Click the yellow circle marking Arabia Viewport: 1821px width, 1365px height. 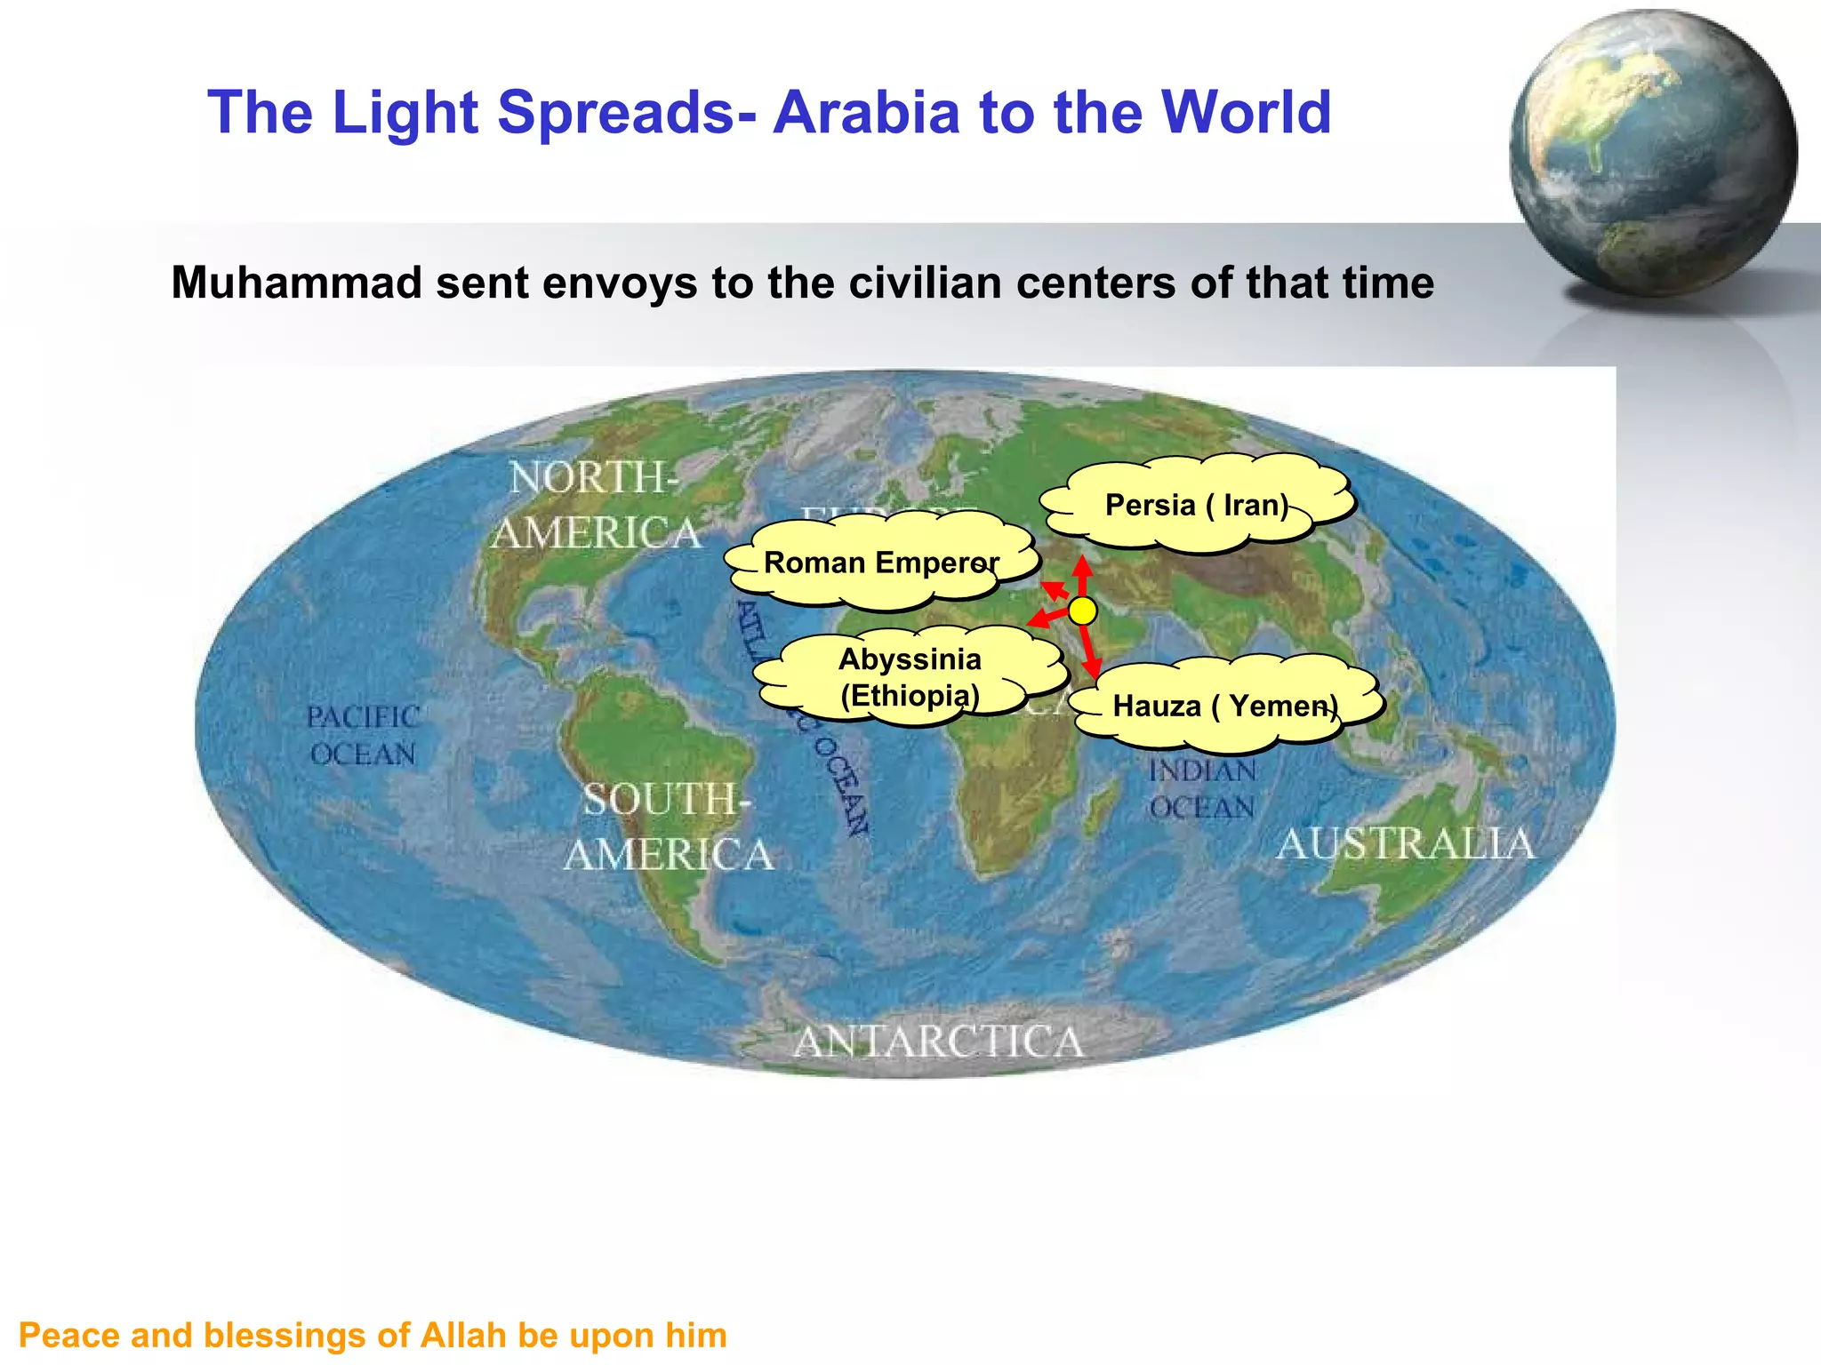[1082, 611]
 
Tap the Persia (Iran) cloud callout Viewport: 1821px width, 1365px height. [1197, 504]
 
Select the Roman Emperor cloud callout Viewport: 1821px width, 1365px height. [880, 563]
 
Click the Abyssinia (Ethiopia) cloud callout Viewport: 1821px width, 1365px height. [910, 676]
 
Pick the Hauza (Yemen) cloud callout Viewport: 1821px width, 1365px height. [1225, 706]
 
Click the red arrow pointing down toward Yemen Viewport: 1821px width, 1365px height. [1090, 653]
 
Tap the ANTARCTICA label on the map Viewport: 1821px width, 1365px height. [938, 1042]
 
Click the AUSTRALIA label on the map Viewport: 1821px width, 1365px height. [1405, 843]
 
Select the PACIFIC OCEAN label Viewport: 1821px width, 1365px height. [363, 736]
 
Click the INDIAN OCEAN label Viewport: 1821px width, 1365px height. [1202, 789]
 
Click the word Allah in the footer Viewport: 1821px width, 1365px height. [464, 1336]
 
